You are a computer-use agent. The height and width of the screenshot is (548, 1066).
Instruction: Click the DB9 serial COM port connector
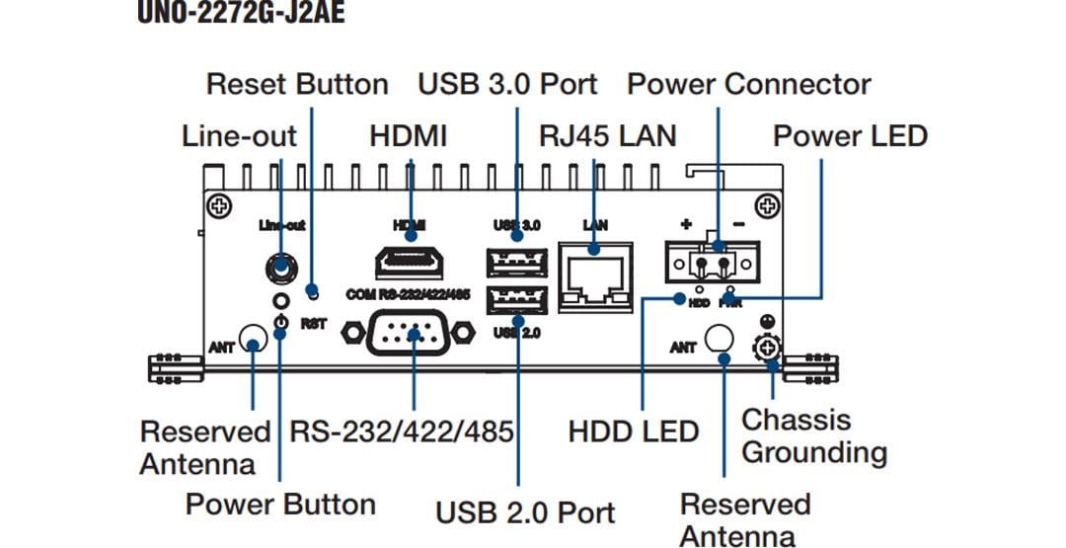(410, 334)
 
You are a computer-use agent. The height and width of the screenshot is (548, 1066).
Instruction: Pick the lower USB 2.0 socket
(515, 300)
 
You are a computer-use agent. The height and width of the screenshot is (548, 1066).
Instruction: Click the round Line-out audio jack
(281, 268)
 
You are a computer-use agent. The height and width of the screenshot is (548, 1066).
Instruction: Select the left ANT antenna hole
(254, 345)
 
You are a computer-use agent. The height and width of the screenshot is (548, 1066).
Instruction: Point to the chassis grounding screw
(766, 348)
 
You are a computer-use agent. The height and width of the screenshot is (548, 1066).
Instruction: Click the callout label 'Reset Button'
(297, 84)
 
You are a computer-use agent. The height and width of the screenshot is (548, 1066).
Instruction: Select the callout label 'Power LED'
(850, 135)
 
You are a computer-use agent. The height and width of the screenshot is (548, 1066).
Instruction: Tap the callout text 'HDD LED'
(633, 431)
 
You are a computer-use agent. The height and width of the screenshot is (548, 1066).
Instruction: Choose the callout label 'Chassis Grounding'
(813, 436)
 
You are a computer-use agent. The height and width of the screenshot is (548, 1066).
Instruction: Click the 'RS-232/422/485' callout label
(401, 431)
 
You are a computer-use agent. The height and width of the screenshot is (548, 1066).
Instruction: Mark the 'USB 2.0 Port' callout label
(525, 512)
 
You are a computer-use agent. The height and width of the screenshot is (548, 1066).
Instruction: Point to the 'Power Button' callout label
(280, 505)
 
